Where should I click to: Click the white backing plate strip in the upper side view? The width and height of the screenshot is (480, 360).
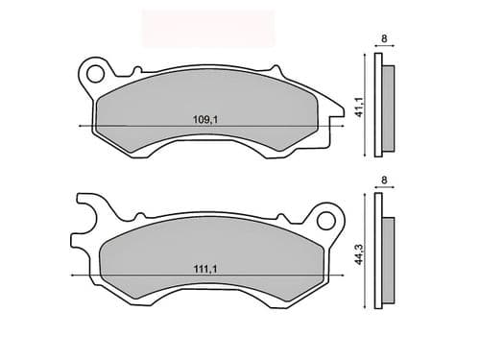(379, 106)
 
